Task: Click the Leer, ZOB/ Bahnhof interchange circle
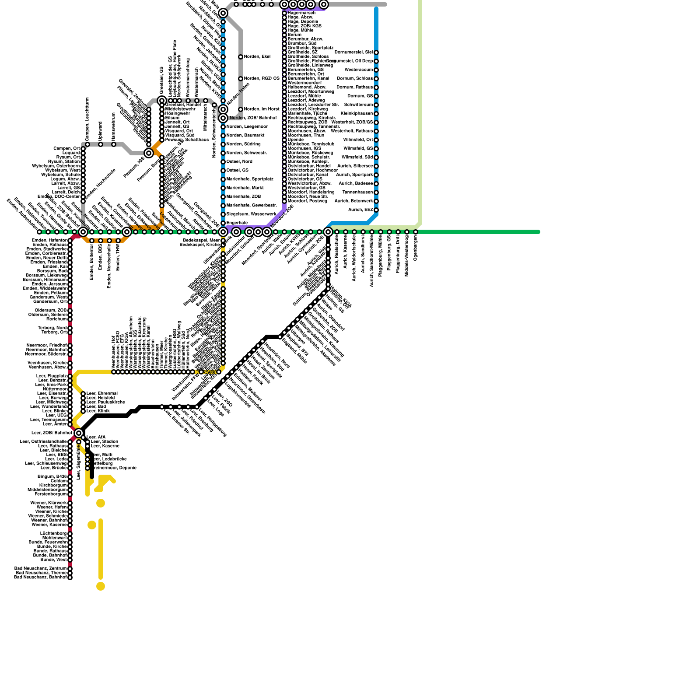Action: (x=79, y=433)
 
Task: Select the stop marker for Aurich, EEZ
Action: (x=376, y=210)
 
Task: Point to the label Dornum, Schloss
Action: (x=355, y=79)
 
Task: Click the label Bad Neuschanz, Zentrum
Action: (x=41, y=569)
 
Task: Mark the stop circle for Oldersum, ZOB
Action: (x=70, y=311)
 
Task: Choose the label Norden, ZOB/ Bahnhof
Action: (x=253, y=118)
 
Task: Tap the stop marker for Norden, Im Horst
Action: (x=241, y=109)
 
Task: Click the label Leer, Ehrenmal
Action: (x=102, y=394)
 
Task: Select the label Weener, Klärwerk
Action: (x=49, y=503)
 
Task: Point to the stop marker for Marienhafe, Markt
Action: (x=223, y=188)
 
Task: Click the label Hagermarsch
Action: (x=301, y=13)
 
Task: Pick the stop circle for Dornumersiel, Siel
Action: (x=376, y=52)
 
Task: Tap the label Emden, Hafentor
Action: (x=49, y=241)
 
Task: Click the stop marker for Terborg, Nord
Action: (x=70, y=328)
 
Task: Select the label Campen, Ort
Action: (x=67, y=149)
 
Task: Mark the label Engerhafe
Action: (x=237, y=223)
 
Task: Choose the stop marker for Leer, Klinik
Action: (x=83, y=411)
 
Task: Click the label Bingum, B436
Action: (x=52, y=477)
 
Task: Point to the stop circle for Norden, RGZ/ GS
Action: (x=241, y=79)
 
